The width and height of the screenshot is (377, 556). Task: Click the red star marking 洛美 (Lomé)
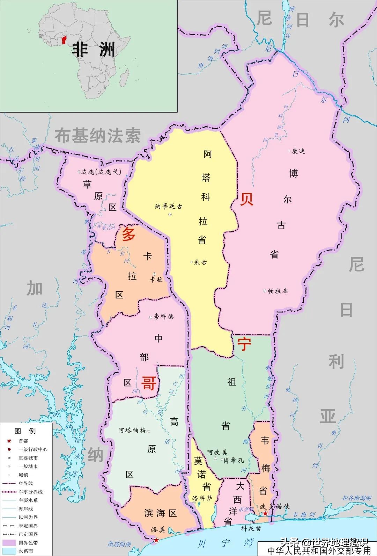156,540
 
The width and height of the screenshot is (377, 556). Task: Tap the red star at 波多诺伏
265,513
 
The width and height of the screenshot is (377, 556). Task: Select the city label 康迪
298,151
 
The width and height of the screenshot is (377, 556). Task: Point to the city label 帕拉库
278,291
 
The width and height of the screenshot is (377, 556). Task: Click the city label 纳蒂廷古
169,206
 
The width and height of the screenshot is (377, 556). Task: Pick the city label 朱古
200,262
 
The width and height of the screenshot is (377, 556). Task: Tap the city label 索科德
163,317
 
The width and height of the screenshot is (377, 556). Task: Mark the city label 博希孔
234,460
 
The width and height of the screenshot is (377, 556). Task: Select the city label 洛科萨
202,498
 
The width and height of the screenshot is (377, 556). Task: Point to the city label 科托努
251,528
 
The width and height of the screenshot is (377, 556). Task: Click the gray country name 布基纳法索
98,136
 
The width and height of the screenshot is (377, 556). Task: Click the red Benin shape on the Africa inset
64,39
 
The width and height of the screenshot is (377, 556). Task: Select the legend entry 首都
23,441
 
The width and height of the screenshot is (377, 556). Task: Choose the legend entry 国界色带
28,543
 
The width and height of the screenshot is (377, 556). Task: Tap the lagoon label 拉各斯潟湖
356,498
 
